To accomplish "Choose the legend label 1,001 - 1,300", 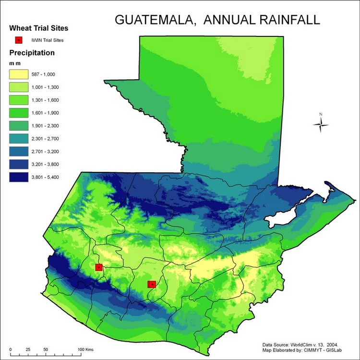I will (x=45, y=87).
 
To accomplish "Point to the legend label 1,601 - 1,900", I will (x=45, y=113).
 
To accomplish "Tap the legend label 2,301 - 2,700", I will (x=45, y=138).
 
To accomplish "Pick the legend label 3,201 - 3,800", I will (x=45, y=164).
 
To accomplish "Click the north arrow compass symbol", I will (x=321, y=124).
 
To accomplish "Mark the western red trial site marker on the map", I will (x=99, y=267).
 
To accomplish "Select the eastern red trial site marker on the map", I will (x=152, y=284).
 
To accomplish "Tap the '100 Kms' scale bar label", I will (x=86, y=349).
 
